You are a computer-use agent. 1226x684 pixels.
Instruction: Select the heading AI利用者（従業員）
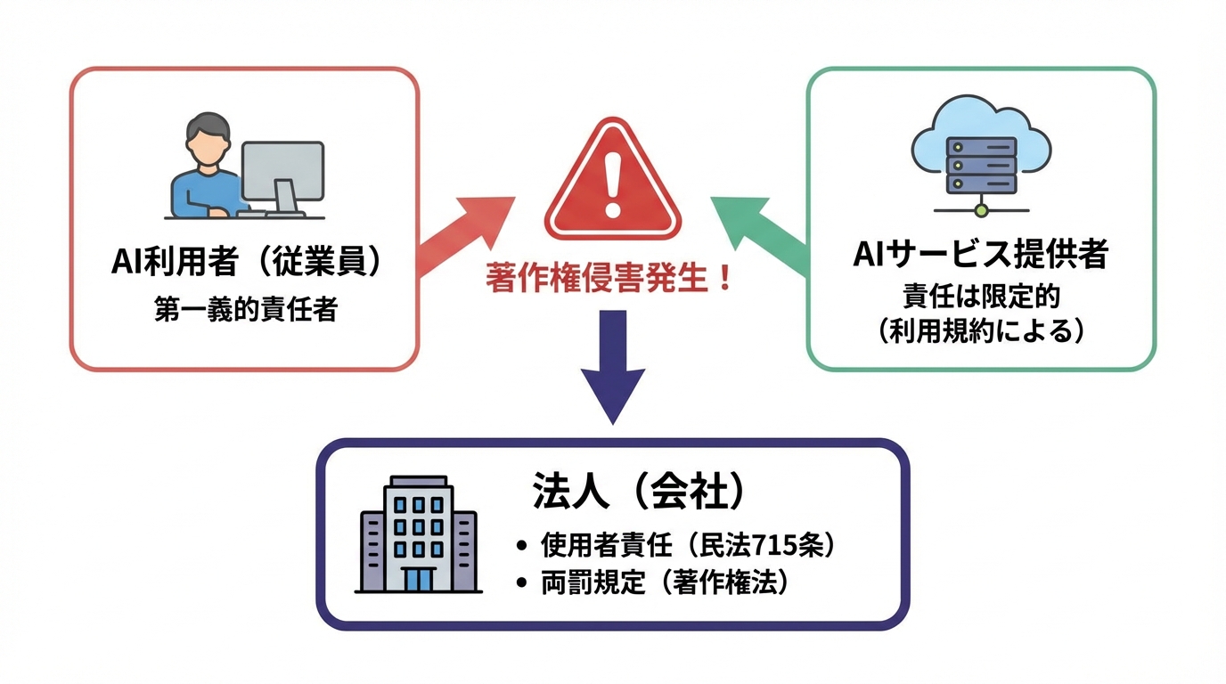tap(246, 262)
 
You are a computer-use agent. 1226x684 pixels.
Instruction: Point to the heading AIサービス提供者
tap(980, 255)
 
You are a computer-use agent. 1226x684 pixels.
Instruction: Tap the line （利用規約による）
tap(980, 330)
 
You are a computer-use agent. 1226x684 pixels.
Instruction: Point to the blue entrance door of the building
tap(418, 579)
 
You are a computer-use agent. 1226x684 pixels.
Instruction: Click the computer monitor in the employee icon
tap(282, 171)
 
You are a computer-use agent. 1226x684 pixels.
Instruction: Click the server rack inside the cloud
tap(981, 166)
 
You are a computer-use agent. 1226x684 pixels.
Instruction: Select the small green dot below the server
tap(981, 210)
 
